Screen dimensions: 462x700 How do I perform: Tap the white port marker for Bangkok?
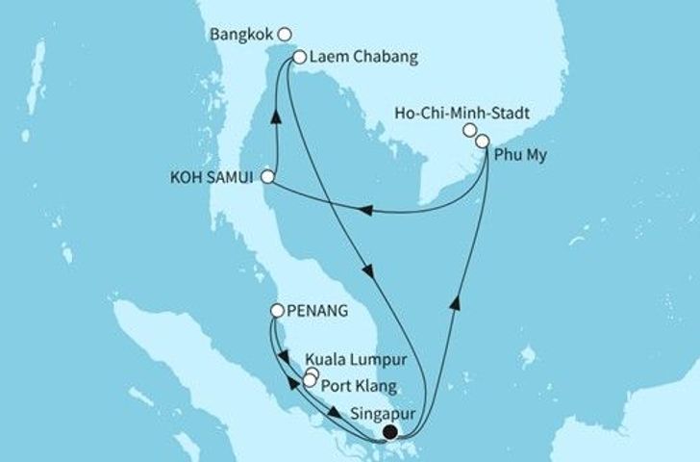click(x=284, y=32)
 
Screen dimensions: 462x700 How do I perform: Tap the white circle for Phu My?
click(x=482, y=141)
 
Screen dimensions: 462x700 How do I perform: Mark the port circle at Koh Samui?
click(x=268, y=178)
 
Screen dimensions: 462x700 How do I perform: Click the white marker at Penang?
click(x=277, y=311)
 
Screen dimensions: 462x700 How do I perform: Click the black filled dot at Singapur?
click(x=390, y=432)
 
